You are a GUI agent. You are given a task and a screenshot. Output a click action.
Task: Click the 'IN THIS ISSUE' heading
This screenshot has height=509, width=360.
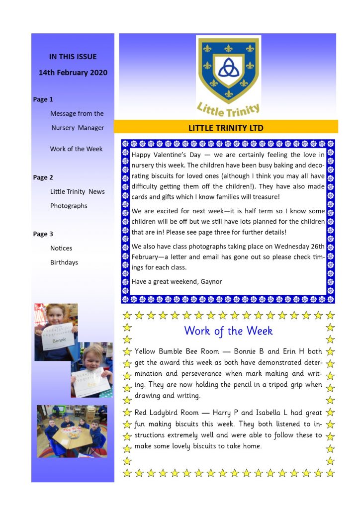tap(73, 57)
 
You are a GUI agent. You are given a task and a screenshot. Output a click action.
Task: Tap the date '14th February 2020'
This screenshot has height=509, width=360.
tap(73, 73)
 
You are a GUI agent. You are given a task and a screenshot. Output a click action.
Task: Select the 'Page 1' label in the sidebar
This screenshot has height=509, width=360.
tap(43, 99)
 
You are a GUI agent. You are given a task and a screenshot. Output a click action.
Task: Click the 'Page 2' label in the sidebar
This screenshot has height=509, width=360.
tap(43, 177)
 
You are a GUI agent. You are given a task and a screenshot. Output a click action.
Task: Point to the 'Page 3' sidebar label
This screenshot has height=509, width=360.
tap(43, 234)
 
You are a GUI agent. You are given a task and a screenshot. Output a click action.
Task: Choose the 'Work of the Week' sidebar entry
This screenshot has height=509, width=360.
tap(76, 149)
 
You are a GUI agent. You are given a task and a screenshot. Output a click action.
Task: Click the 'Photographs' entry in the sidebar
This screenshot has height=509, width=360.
tap(69, 206)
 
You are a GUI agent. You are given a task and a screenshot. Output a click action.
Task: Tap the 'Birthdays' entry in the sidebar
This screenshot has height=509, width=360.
tap(64, 262)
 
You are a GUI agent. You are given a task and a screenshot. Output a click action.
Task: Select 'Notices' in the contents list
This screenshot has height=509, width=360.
tap(61, 248)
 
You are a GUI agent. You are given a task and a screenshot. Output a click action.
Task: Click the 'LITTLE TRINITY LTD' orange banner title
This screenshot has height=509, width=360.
tap(226, 128)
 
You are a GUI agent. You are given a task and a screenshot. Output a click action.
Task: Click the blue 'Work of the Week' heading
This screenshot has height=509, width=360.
tap(228, 331)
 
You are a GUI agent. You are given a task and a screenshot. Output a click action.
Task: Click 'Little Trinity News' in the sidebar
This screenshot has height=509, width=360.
tap(78, 192)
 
